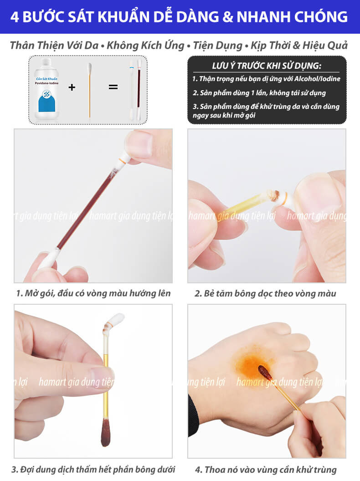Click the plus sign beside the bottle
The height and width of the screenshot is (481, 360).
pos(72,87)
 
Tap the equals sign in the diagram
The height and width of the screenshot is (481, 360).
pos(113,87)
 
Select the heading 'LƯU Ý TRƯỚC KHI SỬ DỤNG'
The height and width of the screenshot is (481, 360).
pos(267,66)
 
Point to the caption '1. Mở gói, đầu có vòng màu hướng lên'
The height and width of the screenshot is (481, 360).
pos(93,293)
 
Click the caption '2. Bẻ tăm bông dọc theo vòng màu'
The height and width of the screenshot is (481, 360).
pos(265,294)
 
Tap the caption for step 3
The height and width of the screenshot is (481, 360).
pos(93,469)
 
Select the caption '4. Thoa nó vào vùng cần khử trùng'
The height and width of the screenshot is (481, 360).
pos(266,469)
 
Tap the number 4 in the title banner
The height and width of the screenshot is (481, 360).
pos(15,17)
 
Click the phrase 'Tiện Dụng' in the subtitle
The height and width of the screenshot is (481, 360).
pos(218,46)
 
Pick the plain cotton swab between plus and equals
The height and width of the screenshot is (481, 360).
pos(90,90)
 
